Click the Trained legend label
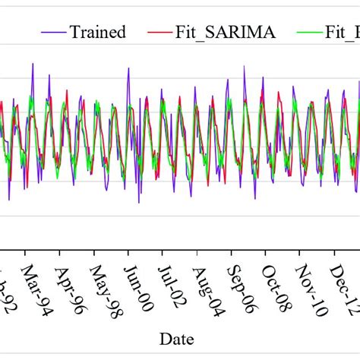[x=97, y=32]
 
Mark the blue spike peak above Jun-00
[x=128, y=68]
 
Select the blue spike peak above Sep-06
[x=244, y=66]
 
